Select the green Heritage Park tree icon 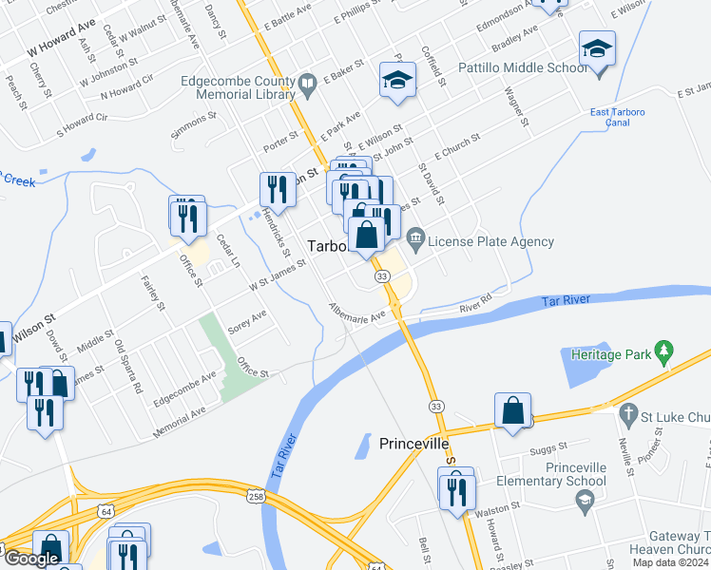[x=664, y=353]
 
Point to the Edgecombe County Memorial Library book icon [x=307, y=87]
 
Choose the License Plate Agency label [x=490, y=241]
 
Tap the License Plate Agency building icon [x=414, y=237]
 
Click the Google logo [x=31, y=559]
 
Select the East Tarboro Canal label [x=618, y=118]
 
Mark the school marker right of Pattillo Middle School [x=597, y=48]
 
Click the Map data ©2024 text [x=669, y=562]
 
